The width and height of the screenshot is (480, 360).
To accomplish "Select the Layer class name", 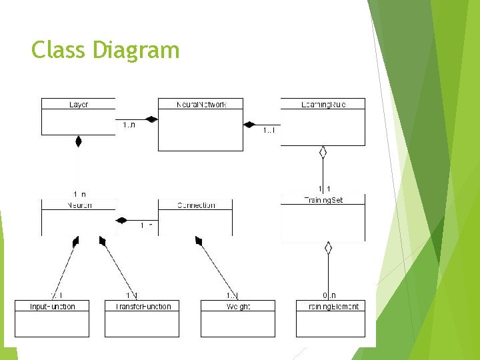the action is pos(79,104).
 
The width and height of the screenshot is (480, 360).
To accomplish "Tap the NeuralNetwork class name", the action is pos(201,104).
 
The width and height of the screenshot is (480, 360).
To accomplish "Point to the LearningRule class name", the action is pos(323,104).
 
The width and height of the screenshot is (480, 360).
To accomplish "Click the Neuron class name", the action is pos(79,205).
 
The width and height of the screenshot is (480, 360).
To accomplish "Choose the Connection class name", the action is pos(196,205).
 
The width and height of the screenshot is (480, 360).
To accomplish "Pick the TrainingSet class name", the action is pos(323,199).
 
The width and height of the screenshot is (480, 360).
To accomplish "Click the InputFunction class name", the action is pos(53,307).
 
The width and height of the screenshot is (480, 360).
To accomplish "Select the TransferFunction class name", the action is pos(142,307).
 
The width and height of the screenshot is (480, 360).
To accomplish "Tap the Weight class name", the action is pos(237,307).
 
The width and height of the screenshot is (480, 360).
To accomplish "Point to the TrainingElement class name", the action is pos(331,307).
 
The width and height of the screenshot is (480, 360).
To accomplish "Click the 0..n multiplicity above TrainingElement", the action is pos(328,295).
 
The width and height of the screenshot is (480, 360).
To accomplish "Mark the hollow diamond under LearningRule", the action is pos(323,153).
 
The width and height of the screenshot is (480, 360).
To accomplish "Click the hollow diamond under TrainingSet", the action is pos(327,248).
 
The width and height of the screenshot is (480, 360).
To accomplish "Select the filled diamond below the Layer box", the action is pos(78,141).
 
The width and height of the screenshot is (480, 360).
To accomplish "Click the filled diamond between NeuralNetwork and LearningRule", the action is pos(249,124).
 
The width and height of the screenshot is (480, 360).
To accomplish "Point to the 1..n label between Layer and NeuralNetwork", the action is pos(129,125).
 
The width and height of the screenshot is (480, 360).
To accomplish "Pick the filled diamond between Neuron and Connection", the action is pos(122,220).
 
